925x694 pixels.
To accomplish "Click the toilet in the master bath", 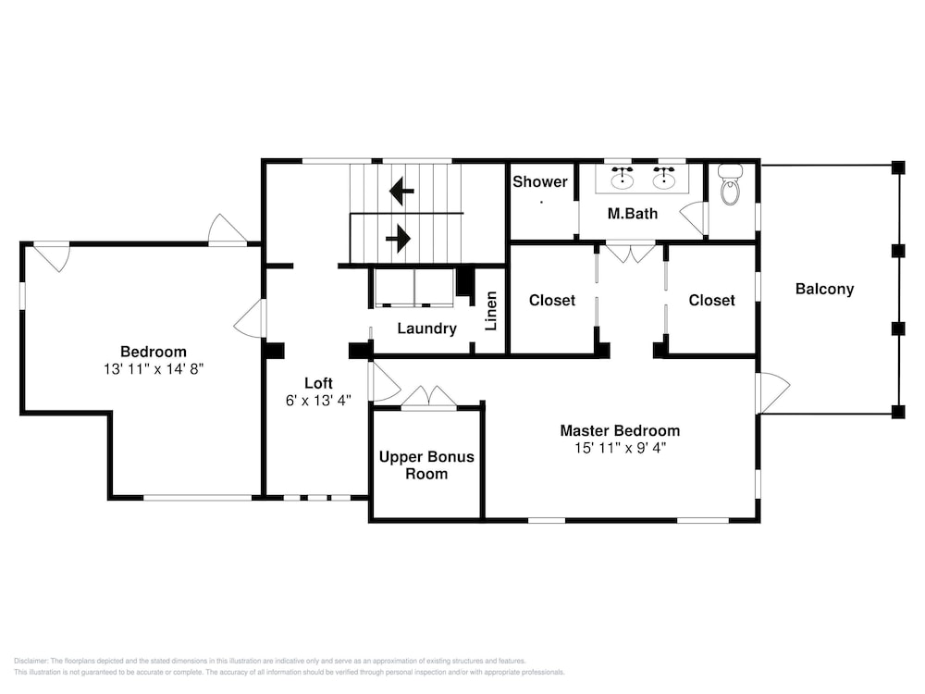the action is pos(731,184).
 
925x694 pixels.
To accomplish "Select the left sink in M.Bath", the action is pos(622,179).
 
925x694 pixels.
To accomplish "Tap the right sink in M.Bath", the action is pos(663,179).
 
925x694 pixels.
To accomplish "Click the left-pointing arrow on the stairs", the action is pos(401,191).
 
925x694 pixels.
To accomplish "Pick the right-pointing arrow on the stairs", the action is pos(398,239).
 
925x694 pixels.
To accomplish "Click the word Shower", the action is pos(540,181).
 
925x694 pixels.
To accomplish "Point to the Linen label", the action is pos(491,311).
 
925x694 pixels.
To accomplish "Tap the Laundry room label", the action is pos(426,328).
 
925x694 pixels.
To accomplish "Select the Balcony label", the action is pos(824,289).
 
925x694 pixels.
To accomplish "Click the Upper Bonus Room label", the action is pos(426,465).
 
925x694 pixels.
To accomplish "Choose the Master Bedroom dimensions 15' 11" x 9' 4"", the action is pos(620,448).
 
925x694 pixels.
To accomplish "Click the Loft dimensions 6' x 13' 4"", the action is pos(318,401).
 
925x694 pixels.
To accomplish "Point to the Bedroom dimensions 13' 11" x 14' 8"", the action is pos(154,369).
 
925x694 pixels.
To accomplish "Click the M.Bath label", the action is pos(633,214).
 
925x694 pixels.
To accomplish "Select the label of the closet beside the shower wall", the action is pos(552,301).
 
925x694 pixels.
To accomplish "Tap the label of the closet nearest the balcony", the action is pos(711,301).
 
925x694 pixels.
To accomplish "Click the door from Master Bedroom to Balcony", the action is pos(772,393).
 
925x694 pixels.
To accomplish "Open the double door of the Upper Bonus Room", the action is pos(429,397).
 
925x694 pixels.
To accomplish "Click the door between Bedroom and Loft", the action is pos(251,318).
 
